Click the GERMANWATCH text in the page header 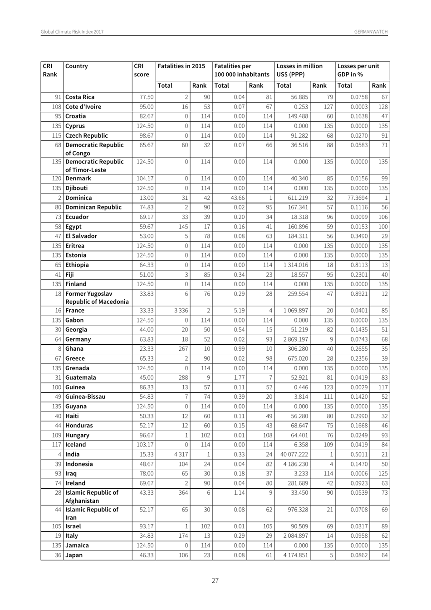371,32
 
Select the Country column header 77,66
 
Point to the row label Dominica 78,198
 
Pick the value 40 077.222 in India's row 294,455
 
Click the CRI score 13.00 147,198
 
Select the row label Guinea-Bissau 85,397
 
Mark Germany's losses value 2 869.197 296,339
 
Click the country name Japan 74,555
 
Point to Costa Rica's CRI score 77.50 147,97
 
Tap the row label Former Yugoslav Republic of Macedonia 97,298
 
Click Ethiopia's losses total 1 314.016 296,265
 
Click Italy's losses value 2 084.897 296,536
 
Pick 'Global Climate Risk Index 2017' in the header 72,32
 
